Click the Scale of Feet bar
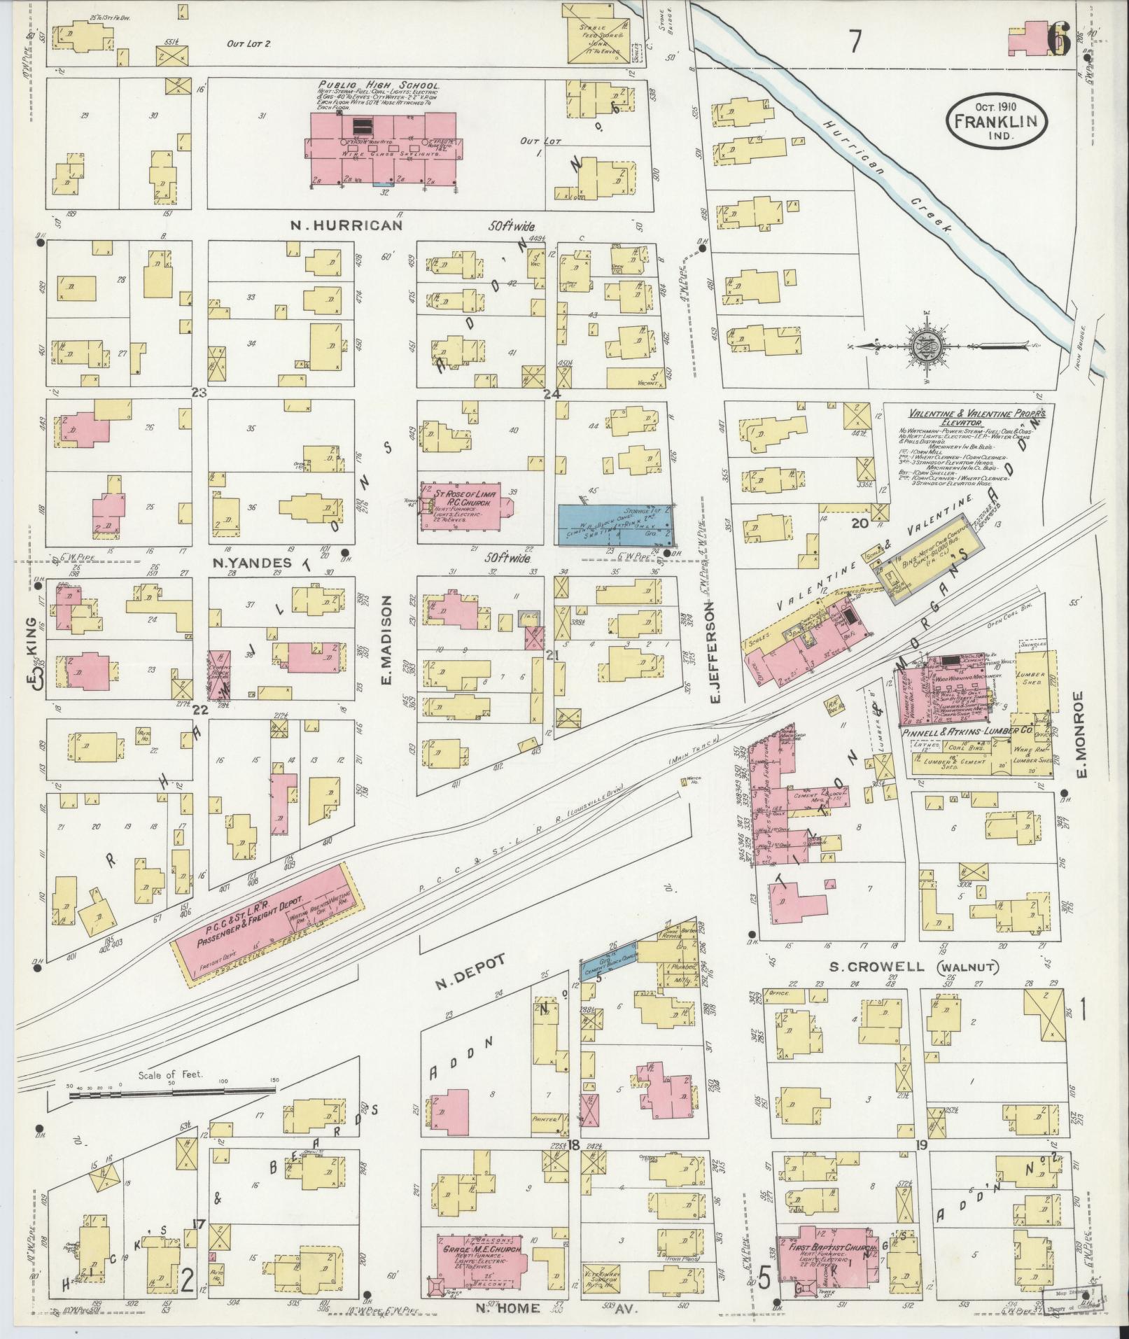tap(171, 1108)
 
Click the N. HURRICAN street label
tap(347, 225)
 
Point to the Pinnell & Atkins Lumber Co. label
tap(977, 731)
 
